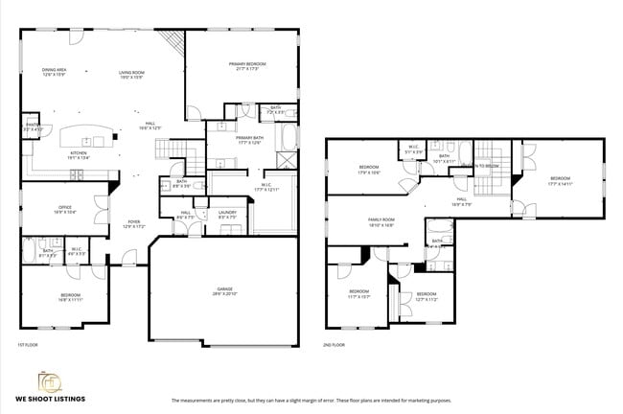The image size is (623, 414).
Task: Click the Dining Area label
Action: point(54,71)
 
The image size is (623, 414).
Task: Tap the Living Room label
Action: point(131,74)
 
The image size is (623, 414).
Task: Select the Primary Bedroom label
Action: point(246,66)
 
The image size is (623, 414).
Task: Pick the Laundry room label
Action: point(227,214)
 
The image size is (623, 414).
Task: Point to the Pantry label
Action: point(32,126)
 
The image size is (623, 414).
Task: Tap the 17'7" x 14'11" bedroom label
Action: point(560,180)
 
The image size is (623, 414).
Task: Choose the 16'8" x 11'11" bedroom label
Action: point(70,296)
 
